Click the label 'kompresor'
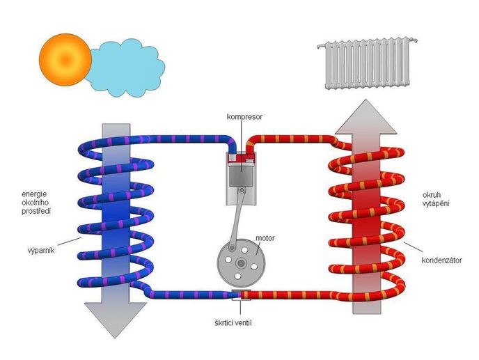point(244,116)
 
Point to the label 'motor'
point(265,237)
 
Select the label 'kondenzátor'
point(443,261)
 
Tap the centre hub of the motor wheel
point(239,263)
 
